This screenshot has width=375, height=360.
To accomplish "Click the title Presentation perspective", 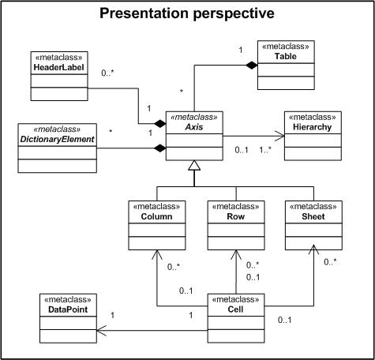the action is tap(187, 13).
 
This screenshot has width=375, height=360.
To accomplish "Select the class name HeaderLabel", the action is tap(59, 67).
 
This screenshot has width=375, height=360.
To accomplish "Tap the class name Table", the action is tap(286, 56).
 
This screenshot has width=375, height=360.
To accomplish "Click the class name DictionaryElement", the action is tap(58, 139).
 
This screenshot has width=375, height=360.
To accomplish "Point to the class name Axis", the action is tap(194, 127).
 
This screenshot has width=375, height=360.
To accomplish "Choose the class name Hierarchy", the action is tap(313, 127).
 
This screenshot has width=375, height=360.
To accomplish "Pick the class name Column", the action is tap(156, 216).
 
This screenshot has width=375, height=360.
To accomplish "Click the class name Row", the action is tap(236, 216).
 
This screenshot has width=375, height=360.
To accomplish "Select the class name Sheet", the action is tap(313, 216).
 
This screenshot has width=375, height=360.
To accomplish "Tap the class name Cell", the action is tap(235, 309).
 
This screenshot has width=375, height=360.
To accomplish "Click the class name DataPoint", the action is tap(68, 309).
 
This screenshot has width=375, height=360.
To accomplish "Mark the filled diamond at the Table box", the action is tap(252, 65).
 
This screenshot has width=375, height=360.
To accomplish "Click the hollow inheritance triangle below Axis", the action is tap(194, 165).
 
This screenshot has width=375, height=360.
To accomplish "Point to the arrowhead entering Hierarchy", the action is tap(279, 136).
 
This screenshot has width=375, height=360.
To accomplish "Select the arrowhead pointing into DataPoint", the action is tap(101, 331).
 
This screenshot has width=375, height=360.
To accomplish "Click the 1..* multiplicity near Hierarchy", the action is tap(265, 150).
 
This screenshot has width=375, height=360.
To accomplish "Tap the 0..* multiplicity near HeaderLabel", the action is tap(107, 73).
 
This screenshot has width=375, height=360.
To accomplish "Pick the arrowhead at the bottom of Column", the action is tap(156, 254).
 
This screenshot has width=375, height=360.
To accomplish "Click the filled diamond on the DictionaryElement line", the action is tap(160, 148).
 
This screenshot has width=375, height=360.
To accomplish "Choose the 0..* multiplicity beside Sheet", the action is tap(331, 262).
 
